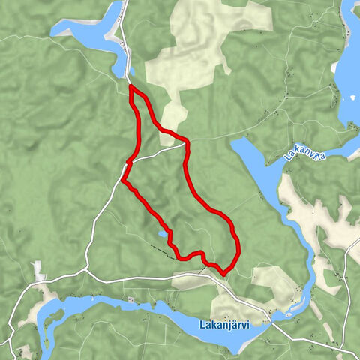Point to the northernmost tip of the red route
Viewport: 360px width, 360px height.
click(132, 87)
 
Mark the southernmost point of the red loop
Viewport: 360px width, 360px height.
click(224, 273)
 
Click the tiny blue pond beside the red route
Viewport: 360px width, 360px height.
click(162, 234)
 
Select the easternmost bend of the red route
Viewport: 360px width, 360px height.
click(238, 244)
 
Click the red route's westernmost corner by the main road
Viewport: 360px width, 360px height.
click(122, 181)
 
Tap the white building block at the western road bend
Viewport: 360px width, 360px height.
click(36, 266)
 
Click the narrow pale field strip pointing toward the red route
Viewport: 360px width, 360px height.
click(174, 120)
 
